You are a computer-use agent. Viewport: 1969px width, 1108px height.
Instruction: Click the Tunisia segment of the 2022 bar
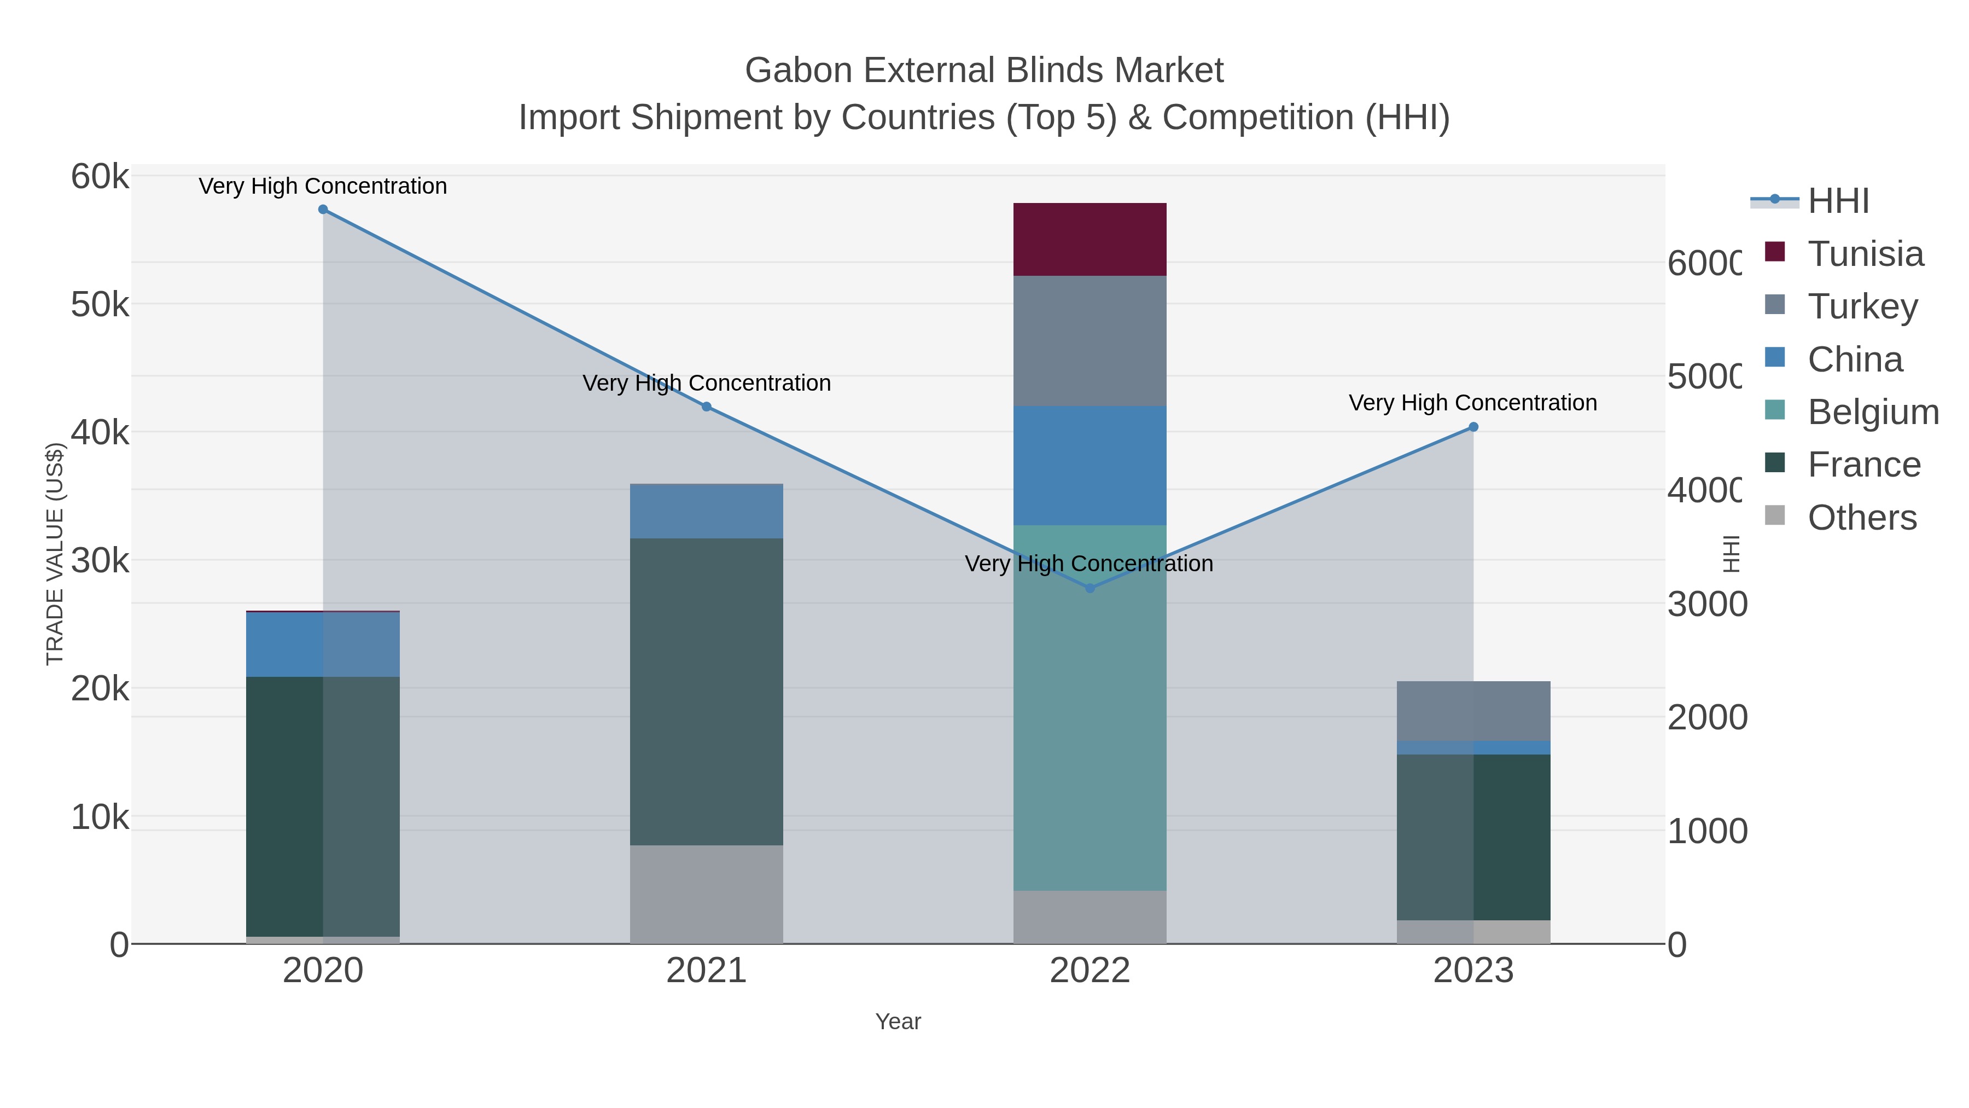1089,239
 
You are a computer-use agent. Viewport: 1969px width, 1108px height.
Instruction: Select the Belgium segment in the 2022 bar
1089,707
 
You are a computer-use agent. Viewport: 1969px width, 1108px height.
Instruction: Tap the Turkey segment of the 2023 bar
1473,710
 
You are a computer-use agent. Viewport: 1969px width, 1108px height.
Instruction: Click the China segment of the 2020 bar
323,644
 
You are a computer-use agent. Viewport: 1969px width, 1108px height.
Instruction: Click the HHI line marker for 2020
323,210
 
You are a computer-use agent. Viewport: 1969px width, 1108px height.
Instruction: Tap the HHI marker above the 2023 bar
1473,427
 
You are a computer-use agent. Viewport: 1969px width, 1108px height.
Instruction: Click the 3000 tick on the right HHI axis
1706,604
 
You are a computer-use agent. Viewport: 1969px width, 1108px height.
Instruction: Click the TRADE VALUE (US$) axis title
55,554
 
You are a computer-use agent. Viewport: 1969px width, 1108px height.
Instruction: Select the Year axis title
898,1022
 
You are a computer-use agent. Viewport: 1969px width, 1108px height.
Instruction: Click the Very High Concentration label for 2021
706,383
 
